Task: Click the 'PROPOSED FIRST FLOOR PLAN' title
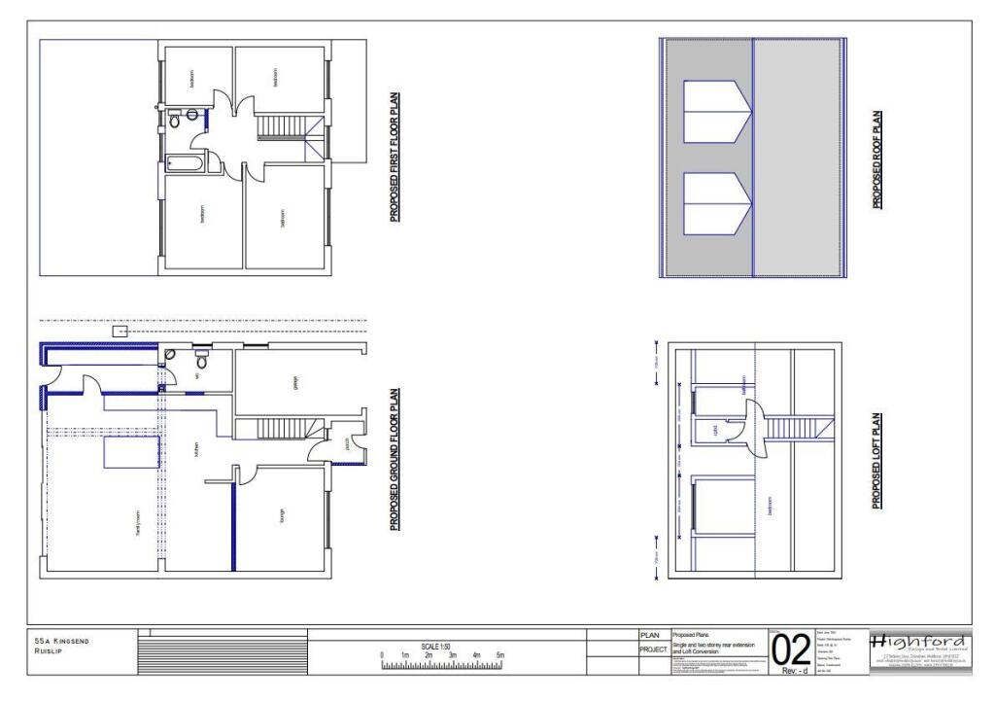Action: tap(395, 158)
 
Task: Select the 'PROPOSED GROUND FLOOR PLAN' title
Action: tap(395, 459)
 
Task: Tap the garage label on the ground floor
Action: tap(295, 383)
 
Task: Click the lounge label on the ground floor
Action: tap(283, 520)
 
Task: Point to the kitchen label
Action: tap(196, 450)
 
